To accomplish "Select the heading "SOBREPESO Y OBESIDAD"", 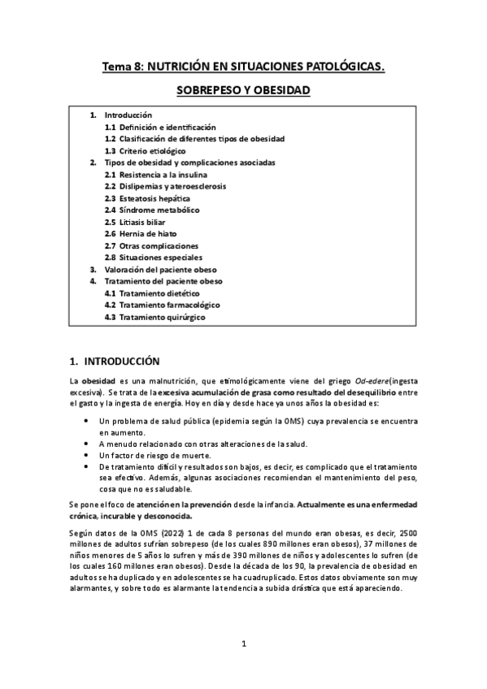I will [243, 92].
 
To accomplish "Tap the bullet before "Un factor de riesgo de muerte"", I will [87, 456].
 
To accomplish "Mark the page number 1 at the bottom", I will [243, 645].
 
